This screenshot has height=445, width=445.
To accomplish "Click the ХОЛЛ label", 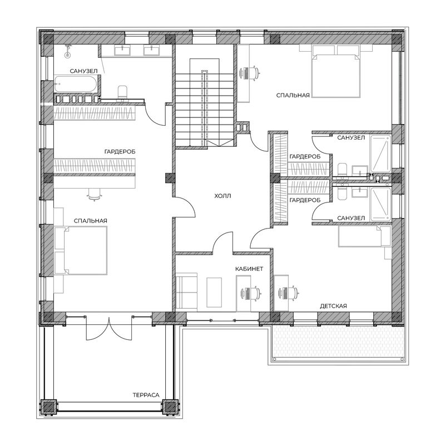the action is tap(222, 196).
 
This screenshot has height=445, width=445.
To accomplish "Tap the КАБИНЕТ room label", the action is tap(249, 269).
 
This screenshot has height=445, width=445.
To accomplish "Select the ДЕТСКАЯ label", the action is tap(333, 306).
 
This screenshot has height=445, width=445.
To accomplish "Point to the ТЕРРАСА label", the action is tap(146, 395).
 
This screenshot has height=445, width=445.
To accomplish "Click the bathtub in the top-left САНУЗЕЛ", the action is tap(76, 84).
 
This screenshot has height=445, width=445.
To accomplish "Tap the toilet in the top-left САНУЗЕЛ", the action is tap(122, 93).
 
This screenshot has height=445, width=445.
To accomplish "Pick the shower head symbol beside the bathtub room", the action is tap(67, 51).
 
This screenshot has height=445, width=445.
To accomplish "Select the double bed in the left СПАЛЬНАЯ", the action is tap(81, 250).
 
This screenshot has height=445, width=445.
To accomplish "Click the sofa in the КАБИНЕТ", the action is tap(186, 291).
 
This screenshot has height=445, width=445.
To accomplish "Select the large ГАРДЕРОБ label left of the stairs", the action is tap(120, 152).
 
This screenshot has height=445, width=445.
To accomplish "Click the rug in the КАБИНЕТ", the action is tap(214, 293).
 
